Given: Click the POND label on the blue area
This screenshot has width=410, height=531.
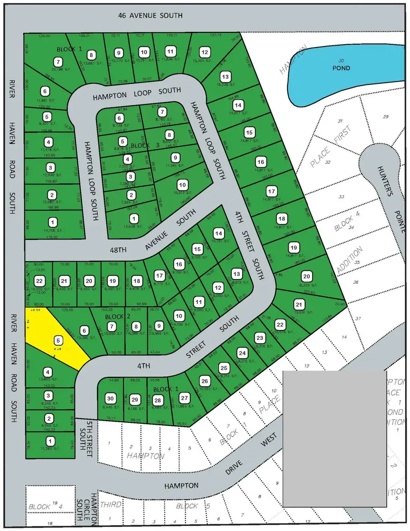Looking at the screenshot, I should [x=341, y=68].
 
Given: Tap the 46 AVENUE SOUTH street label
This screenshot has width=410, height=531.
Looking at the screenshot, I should [x=150, y=15].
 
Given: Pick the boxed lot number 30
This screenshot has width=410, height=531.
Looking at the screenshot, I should [x=109, y=397].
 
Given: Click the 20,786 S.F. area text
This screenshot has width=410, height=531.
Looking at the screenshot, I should [x=58, y=69].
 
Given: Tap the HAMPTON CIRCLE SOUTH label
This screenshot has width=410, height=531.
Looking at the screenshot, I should [x=94, y=510].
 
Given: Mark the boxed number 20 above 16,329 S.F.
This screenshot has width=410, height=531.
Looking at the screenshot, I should [x=306, y=276].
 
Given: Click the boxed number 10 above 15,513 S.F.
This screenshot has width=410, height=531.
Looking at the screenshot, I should [x=182, y=185].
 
